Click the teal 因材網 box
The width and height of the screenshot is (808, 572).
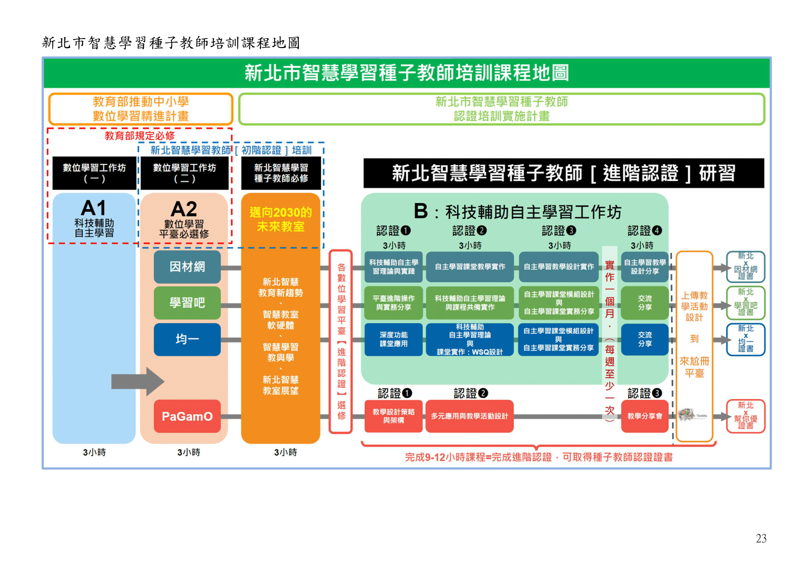click(187, 267)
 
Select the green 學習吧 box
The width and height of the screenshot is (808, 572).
click(187, 303)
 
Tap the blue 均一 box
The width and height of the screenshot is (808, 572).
click(187, 339)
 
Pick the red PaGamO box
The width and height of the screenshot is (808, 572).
click(187, 416)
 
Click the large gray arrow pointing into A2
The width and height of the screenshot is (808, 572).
click(137, 381)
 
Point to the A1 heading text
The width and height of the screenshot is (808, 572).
click(94, 208)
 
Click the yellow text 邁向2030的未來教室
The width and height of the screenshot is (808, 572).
click(281, 220)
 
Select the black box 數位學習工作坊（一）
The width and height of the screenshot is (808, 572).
click(94, 173)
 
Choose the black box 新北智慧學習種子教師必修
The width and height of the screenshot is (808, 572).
click(281, 173)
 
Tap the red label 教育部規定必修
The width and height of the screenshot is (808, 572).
click(140, 136)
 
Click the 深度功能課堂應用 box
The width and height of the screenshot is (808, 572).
click(393, 339)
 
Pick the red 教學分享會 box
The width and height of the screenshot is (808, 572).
click(645, 416)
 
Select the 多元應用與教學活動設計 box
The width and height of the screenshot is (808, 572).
click(469, 416)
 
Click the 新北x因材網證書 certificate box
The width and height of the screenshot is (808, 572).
click(745, 267)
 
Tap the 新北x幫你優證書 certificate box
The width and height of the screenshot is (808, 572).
click(745, 416)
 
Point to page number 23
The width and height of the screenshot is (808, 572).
click(761, 538)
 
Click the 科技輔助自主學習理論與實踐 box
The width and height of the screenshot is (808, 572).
click(393, 267)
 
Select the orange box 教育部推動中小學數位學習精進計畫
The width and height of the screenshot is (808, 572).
click(141, 109)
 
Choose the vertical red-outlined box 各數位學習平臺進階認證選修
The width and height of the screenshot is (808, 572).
click(341, 341)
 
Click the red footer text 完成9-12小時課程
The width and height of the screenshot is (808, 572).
click(539, 457)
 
